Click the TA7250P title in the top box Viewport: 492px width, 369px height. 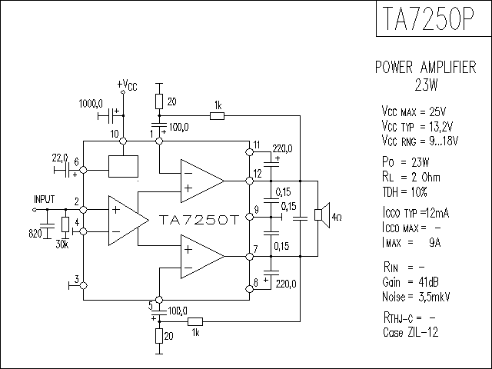tap(428, 18)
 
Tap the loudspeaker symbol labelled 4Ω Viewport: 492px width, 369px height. tap(322, 215)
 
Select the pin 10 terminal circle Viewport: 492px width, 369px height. tap(123, 141)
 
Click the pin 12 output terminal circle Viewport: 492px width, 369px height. tap(249, 181)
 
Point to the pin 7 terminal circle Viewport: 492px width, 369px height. tap(249, 257)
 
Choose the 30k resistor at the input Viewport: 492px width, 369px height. tap(65, 224)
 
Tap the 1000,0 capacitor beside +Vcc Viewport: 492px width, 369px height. tap(111, 116)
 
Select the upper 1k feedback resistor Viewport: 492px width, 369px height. tap(217, 116)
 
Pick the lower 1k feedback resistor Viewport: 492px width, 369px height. tap(195, 321)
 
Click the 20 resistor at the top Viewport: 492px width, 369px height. tap(159, 101)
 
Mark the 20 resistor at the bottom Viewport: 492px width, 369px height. tap(159, 336)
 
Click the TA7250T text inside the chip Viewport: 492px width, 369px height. tap(199, 220)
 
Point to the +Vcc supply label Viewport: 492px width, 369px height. tap(127, 85)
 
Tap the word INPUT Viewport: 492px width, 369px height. tap(45, 199)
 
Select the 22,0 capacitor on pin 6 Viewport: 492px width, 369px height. tap(67, 170)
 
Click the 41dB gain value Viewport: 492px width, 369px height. tap(428, 282)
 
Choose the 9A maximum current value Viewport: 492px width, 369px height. tap(434, 242)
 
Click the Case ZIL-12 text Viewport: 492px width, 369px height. tap(411, 332)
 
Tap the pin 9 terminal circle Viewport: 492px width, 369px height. tap(249, 217)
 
